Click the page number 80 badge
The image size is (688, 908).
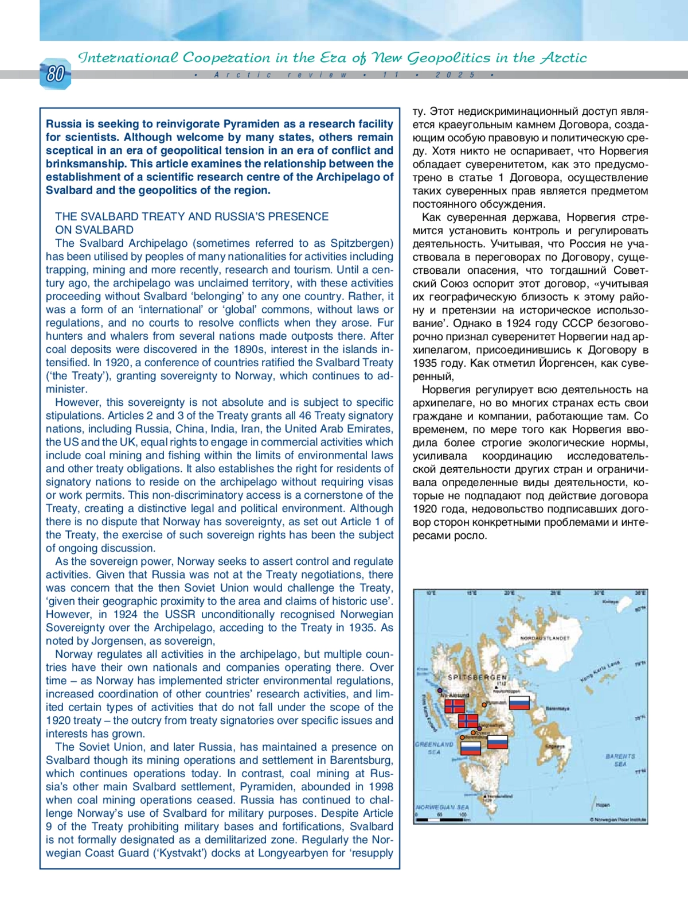(55, 75)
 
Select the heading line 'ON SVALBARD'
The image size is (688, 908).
(94, 230)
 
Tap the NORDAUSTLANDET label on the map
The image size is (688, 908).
(545, 638)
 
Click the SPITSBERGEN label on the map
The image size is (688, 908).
(477, 677)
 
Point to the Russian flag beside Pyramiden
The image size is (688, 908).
(519, 703)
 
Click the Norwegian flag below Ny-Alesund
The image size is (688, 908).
(455, 705)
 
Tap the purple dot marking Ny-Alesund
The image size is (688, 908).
(440, 690)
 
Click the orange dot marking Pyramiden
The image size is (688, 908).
(484, 704)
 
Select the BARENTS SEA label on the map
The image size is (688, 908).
(620, 760)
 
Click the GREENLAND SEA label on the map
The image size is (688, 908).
(434, 748)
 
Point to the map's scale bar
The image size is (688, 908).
(440, 819)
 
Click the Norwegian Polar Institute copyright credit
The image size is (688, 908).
(617, 820)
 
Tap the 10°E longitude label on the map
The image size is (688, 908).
(431, 593)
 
